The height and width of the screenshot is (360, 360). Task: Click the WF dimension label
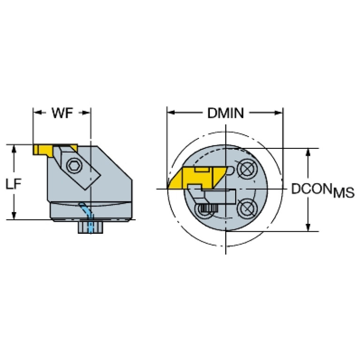click(x=62, y=113)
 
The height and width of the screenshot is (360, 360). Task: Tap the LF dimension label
click(x=14, y=184)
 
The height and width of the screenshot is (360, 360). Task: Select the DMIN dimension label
click(x=225, y=113)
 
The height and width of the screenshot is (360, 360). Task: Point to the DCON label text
click(x=312, y=189)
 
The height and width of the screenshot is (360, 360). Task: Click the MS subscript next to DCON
click(x=344, y=192)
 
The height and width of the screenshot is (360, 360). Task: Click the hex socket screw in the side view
click(x=74, y=165)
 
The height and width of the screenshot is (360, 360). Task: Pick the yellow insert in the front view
click(x=198, y=177)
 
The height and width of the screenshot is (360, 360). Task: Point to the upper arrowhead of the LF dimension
click(x=14, y=149)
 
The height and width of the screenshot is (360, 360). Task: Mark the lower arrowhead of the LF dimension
click(x=14, y=215)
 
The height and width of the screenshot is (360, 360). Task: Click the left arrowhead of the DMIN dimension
click(x=171, y=113)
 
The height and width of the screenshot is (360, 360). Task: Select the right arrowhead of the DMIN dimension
click(x=278, y=113)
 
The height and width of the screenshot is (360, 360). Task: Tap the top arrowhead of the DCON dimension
click(x=308, y=153)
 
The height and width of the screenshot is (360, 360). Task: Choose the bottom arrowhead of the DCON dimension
click(x=308, y=227)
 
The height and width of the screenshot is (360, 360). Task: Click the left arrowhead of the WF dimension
click(x=38, y=113)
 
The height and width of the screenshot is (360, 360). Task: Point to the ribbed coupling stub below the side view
click(x=91, y=227)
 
